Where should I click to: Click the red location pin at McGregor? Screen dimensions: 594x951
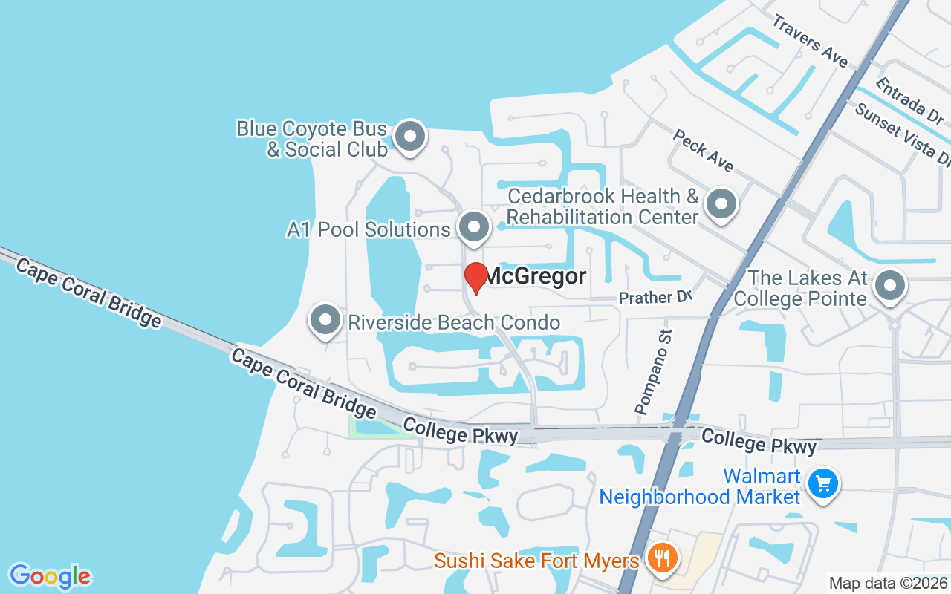click(x=475, y=278)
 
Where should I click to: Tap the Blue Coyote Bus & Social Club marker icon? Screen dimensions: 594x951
click(x=409, y=137)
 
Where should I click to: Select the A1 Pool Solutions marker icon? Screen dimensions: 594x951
click(x=473, y=227)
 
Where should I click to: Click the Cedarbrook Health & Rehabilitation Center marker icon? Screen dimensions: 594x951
click(x=720, y=204)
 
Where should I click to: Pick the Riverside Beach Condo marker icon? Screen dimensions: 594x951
click(x=325, y=321)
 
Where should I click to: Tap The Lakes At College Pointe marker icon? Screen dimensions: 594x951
click(x=889, y=285)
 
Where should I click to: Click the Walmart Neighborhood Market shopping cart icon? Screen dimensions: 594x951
click(x=822, y=484)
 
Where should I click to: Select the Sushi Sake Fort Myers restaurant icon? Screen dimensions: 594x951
click(x=660, y=558)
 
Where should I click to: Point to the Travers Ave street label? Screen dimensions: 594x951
click(x=809, y=40)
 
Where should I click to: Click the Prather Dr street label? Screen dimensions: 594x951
click(x=655, y=298)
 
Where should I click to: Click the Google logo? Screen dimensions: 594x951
click(x=51, y=575)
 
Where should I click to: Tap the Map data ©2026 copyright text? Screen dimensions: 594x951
click(x=888, y=583)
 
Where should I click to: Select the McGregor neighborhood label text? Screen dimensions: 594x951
click(x=536, y=277)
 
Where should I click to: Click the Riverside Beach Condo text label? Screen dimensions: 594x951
click(x=454, y=322)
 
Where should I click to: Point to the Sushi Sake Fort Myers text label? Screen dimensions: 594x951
click(x=537, y=560)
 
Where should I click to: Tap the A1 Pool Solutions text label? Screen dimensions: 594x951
click(x=369, y=229)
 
